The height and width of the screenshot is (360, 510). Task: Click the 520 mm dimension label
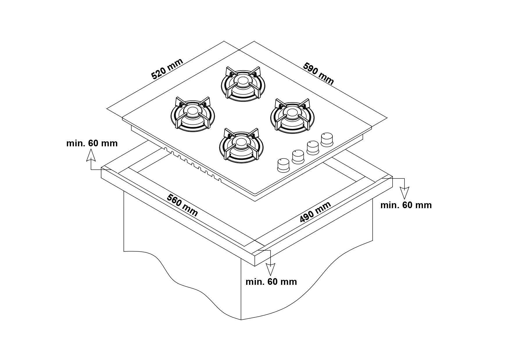tap(167, 69)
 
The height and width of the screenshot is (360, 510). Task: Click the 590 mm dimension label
tap(318, 74)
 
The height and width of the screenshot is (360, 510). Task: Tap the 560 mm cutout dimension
tap(182, 205)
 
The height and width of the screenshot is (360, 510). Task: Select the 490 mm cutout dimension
tap(315, 212)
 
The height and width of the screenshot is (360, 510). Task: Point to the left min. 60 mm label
tap(92, 143)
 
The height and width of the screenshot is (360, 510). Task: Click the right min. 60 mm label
tap(406, 205)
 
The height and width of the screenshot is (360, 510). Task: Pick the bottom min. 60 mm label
tap(271, 282)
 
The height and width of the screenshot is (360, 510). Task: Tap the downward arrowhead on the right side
tap(405, 193)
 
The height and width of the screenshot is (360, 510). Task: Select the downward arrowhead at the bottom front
tap(271, 269)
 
